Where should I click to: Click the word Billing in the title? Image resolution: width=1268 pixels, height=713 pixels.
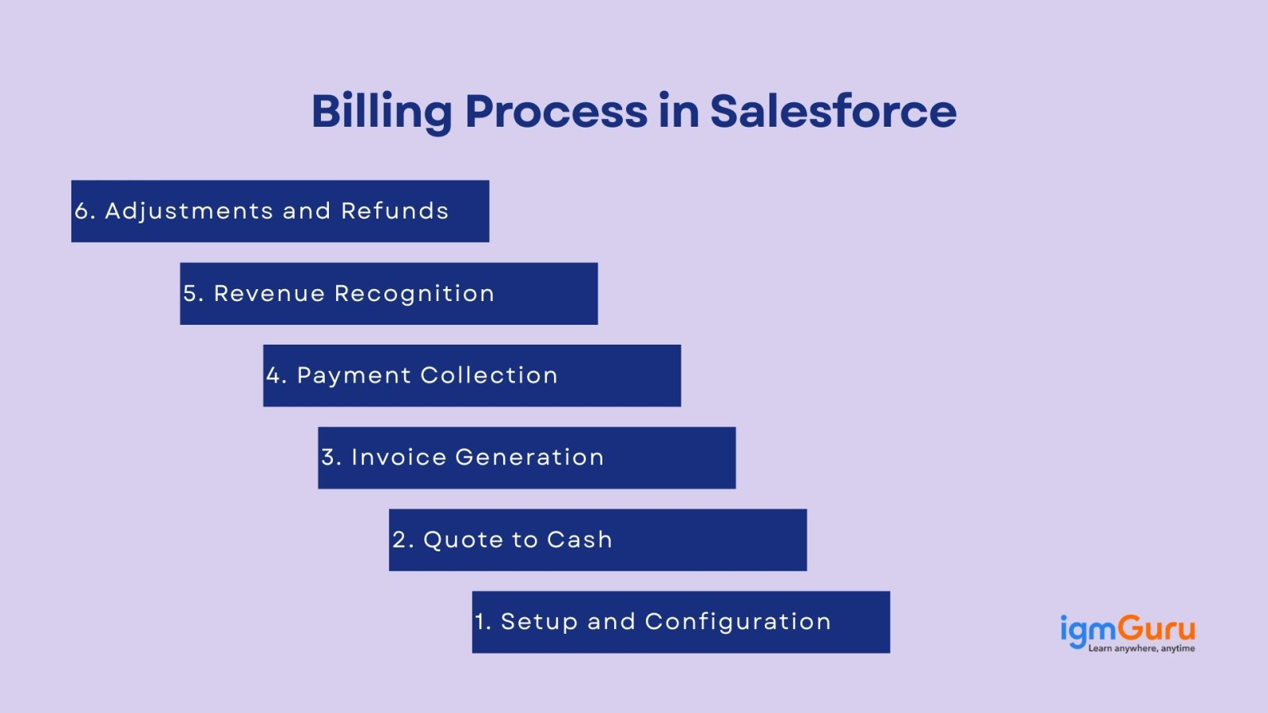tap(382, 112)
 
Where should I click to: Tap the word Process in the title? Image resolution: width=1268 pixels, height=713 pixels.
tap(556, 111)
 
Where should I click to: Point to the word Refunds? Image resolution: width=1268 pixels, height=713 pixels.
tap(395, 211)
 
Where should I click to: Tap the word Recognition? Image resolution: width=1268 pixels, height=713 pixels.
tap(414, 294)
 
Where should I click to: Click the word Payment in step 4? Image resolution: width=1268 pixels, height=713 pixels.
tap(353, 376)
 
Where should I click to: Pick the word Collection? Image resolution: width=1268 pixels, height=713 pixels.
tap(489, 376)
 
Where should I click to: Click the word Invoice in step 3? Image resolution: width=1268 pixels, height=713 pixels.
tap(399, 457)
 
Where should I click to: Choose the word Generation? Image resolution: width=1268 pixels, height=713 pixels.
tap(529, 457)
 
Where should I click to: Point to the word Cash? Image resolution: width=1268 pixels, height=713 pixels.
tap(579, 540)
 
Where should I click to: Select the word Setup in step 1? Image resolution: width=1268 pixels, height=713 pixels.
tap(539, 622)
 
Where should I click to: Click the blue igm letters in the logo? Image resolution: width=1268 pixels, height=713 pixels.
tap(1089, 631)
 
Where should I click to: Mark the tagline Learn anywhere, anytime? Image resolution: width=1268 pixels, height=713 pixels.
tap(1141, 649)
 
